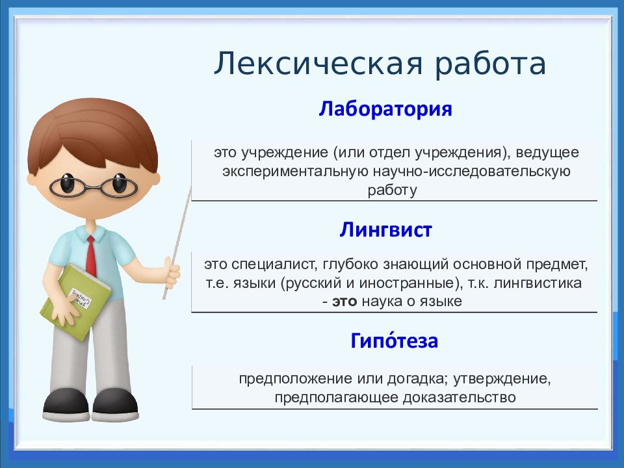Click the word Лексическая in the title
click(318, 64)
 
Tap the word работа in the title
click(490, 63)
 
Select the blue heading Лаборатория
click(385, 109)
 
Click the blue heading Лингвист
click(385, 229)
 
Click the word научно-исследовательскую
click(472, 172)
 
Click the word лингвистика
click(538, 283)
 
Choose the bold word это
click(344, 301)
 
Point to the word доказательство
click(460, 397)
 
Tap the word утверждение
click(501, 378)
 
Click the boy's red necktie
click(91, 256)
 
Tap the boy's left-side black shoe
click(66, 404)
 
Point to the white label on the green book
click(80, 297)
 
